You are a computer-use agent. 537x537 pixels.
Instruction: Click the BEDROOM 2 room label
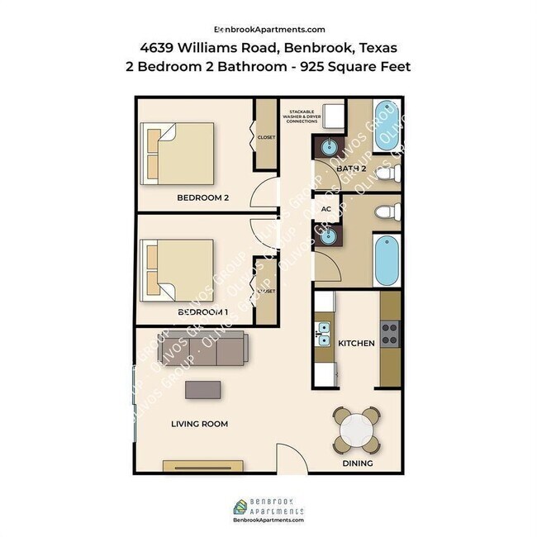(202, 197)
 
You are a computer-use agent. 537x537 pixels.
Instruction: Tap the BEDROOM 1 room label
(202, 312)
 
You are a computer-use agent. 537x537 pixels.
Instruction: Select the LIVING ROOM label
(199, 424)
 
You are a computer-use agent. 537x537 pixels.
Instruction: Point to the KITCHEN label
(357, 342)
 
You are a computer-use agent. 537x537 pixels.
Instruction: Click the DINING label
(357, 463)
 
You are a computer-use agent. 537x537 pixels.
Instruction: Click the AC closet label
(326, 209)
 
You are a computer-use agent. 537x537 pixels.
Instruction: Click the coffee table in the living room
(203, 389)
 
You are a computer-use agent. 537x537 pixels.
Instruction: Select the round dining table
(358, 430)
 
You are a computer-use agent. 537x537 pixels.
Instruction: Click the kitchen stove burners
(389, 335)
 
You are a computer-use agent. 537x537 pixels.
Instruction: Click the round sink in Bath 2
(326, 149)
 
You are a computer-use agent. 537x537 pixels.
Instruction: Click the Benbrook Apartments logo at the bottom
(268, 508)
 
